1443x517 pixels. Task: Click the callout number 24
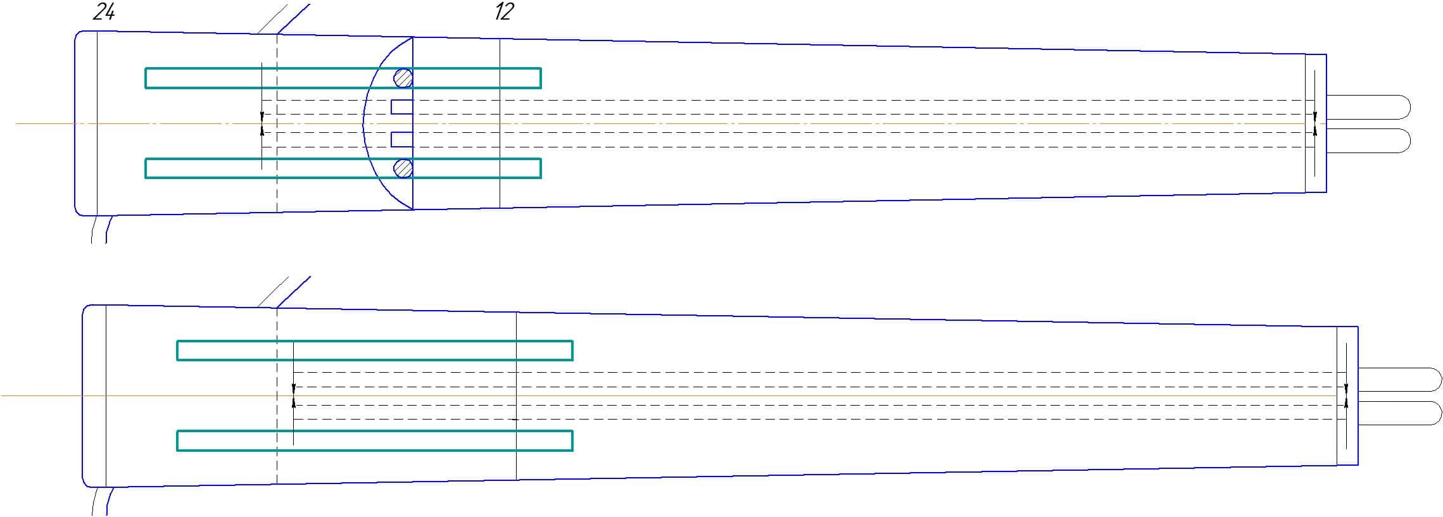(104, 12)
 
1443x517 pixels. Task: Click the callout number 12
(504, 12)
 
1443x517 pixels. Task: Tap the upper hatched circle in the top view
(403, 78)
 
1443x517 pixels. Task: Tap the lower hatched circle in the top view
(403, 168)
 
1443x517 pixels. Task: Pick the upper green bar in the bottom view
(374, 351)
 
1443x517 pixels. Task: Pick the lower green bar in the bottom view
(374, 440)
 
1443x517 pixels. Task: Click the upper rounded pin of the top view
(1368, 106)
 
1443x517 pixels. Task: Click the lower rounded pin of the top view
(1368, 140)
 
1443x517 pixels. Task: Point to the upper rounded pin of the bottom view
(1399, 379)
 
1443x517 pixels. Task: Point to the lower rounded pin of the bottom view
(1399, 413)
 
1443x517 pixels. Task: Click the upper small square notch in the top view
(401, 107)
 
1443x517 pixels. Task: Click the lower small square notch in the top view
(401, 139)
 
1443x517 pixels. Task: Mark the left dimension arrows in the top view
(262, 123)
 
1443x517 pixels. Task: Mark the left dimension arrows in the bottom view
(293, 396)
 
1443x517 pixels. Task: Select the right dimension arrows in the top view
(1314, 123)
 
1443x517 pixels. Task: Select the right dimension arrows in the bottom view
(1346, 396)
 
